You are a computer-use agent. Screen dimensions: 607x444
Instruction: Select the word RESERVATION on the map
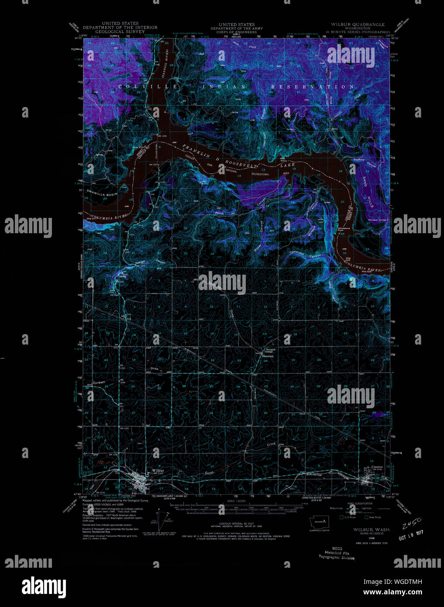coord(313,87)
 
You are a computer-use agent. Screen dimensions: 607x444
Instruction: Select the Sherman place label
coord(267,356)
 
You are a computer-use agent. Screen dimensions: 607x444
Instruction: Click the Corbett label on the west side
coord(99,382)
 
